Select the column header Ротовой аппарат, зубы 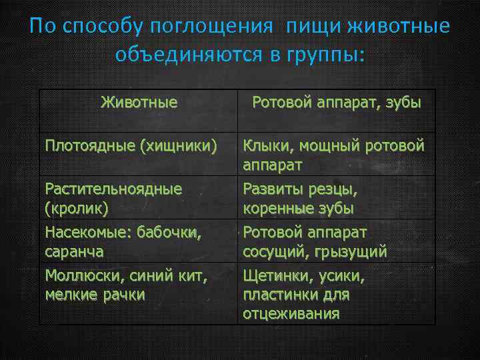(336, 103)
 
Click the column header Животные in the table (139, 103)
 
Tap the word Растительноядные (113, 189)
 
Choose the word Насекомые (87, 233)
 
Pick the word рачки (123, 294)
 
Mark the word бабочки (169, 233)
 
